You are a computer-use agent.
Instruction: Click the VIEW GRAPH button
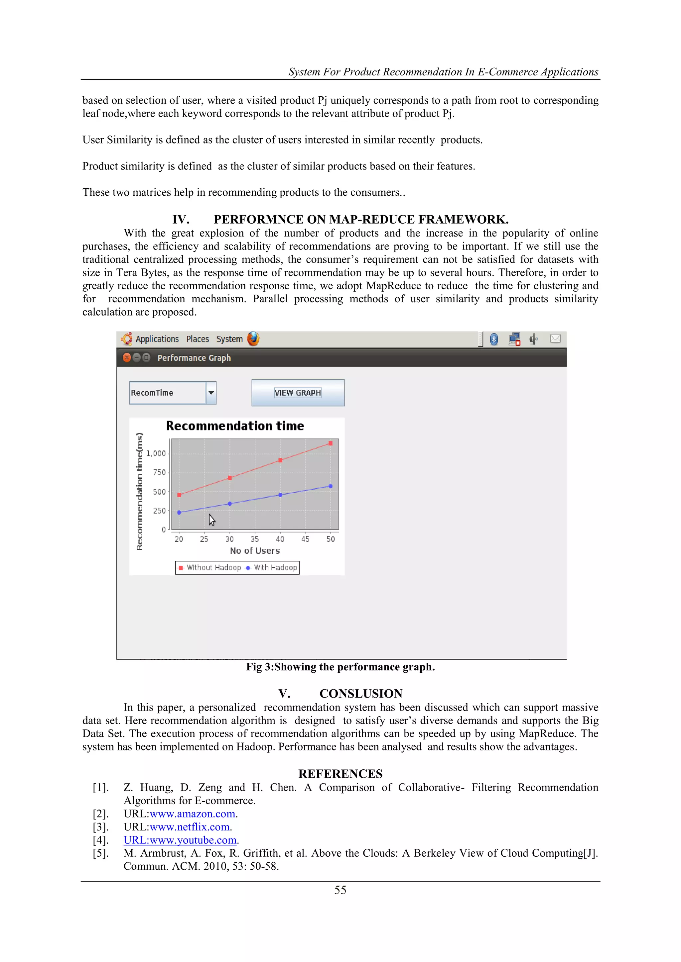pyautogui.click(x=298, y=393)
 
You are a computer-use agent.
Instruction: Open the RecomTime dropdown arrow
pyautogui.click(x=211, y=393)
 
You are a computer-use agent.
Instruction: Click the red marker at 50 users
pyautogui.click(x=331, y=443)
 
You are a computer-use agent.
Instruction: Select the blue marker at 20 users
pyautogui.click(x=179, y=513)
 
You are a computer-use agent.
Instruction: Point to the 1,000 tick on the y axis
pyautogui.click(x=156, y=453)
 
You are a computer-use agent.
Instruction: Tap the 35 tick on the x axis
pyautogui.click(x=254, y=539)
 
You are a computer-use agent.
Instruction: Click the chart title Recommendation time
pyautogui.click(x=235, y=426)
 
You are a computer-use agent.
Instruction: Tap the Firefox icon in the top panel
pyautogui.click(x=253, y=338)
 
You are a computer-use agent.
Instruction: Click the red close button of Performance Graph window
pyautogui.click(x=127, y=357)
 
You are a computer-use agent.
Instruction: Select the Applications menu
pyautogui.click(x=157, y=339)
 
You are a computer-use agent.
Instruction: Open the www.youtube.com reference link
pyautogui.click(x=180, y=840)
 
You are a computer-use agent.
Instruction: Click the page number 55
pyautogui.click(x=340, y=890)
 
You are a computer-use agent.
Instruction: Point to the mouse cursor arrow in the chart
pyautogui.click(x=212, y=520)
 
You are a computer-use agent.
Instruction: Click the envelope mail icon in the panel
pyautogui.click(x=555, y=338)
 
